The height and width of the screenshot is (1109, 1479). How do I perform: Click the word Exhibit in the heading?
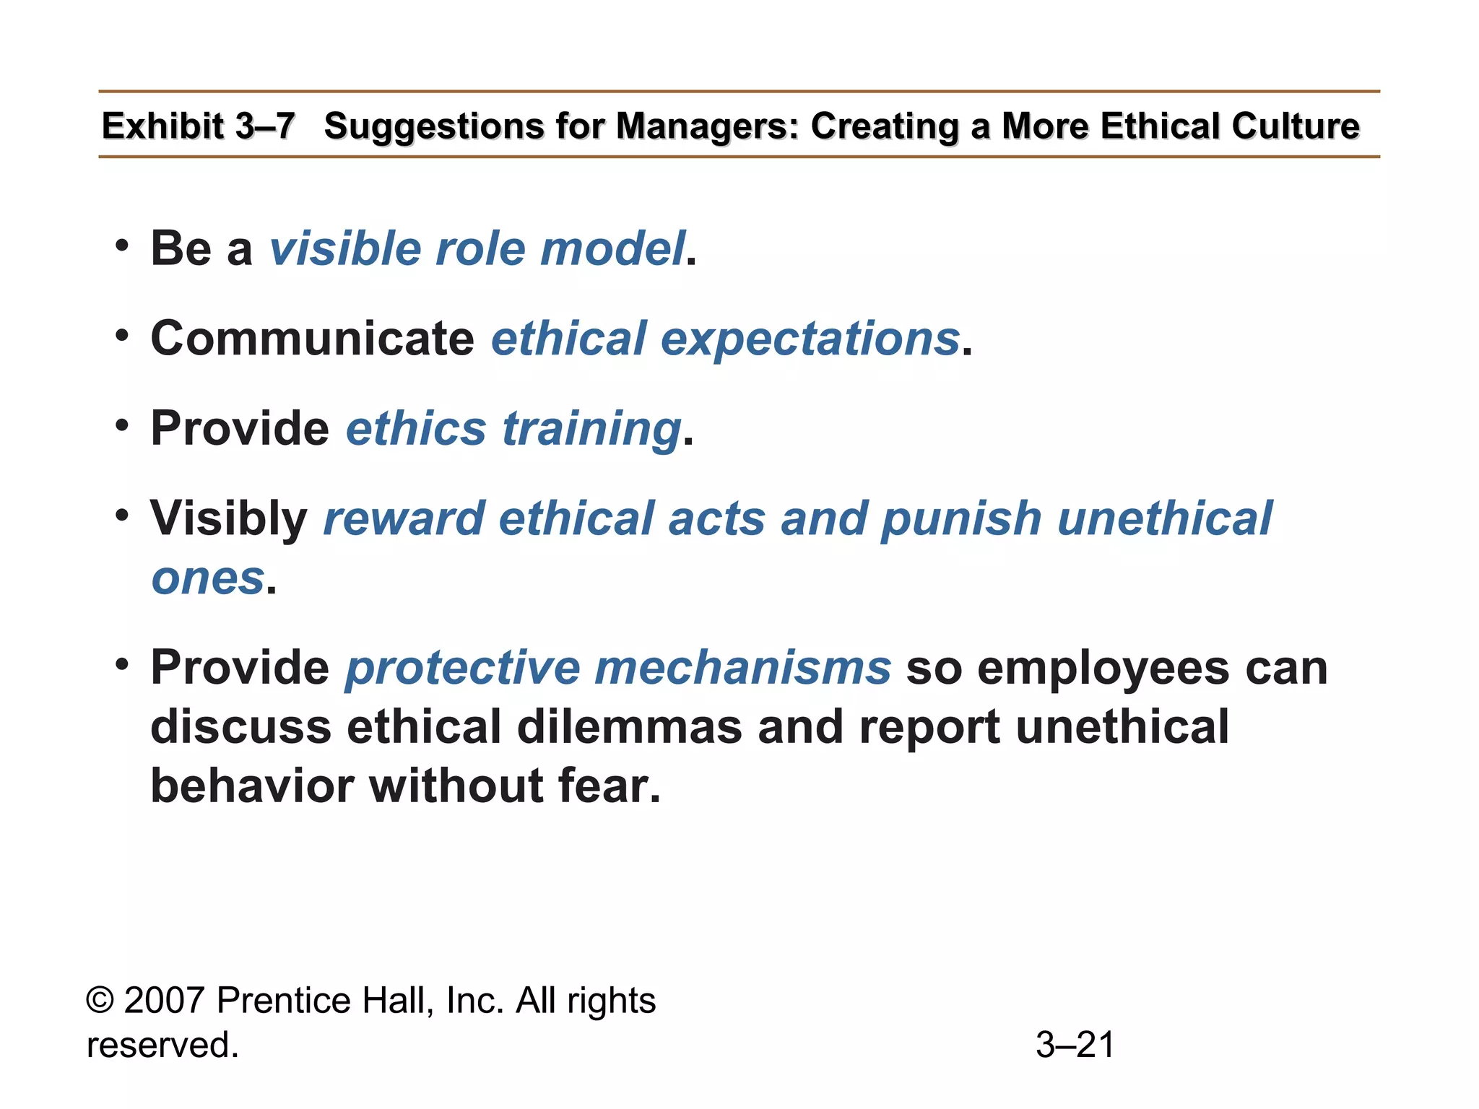point(162,126)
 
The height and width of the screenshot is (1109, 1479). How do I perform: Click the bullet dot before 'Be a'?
point(122,245)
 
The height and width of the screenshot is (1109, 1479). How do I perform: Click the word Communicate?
point(312,339)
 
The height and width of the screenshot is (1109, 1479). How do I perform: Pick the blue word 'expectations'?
point(810,340)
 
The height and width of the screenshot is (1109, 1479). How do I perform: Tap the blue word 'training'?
point(591,430)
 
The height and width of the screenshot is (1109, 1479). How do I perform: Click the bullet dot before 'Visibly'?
point(122,515)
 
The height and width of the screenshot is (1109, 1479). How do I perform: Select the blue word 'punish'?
point(961,520)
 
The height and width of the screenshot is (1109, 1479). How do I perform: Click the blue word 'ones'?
point(208,579)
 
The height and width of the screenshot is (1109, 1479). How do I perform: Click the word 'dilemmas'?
point(629,727)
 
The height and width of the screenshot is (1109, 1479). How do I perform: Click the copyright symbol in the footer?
point(100,1001)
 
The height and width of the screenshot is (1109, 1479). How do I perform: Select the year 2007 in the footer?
point(165,1001)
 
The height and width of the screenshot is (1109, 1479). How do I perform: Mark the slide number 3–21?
point(1075,1045)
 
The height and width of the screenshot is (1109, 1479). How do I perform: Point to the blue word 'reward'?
point(404,519)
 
